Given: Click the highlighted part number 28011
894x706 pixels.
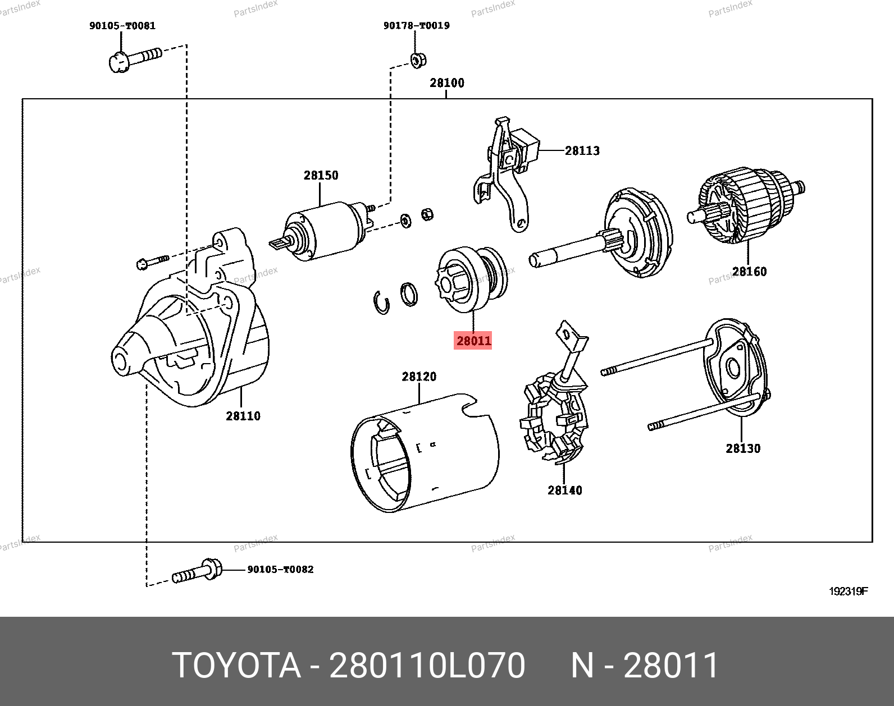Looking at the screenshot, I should pos(473,341).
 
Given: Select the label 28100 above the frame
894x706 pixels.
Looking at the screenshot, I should pos(447,83).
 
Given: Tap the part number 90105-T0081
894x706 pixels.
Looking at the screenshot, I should pos(122,26).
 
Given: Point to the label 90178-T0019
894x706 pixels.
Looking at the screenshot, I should pos(416,26).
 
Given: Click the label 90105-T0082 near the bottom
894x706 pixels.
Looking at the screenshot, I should pos(280,570).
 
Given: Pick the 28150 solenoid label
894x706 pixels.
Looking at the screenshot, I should pos(321,175).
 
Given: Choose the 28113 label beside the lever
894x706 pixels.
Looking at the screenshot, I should pos(582,150).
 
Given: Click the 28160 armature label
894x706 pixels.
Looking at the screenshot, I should pos(749,272).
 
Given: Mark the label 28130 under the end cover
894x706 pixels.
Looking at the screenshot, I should pos(742,448).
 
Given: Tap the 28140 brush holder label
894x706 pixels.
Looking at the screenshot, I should pos(564,490).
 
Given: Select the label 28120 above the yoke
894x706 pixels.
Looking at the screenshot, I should pos(419,377).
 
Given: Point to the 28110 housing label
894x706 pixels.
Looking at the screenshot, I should pos(243,416).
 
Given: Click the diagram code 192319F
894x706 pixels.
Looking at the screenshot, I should pos(849,592).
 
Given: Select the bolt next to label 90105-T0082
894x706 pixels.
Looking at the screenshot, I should pos(197,572).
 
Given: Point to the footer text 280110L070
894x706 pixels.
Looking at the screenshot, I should pos(427,666).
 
